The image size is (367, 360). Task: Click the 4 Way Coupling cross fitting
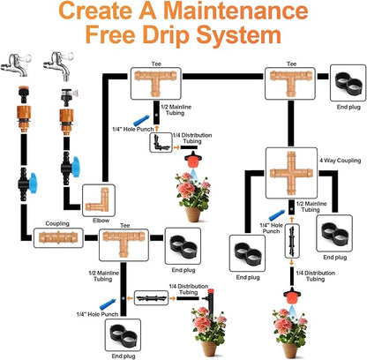291,173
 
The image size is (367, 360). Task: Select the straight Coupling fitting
58,237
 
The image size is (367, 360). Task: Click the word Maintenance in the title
236,11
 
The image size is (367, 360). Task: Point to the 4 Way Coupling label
341,161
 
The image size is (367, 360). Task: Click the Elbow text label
101,221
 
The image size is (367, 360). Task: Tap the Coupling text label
57,223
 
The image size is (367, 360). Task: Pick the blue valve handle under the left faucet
33,183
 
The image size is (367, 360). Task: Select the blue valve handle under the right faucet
76,167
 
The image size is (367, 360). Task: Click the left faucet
16,64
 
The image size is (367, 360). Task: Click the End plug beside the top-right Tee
348,83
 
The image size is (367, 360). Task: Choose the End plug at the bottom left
123,335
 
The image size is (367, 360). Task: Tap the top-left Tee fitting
155,83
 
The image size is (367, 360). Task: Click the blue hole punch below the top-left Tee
143,121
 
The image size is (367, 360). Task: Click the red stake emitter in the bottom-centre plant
210,300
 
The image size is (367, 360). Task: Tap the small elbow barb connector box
161,142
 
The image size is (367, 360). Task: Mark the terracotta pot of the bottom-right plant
289,351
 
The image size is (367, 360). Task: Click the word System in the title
238,34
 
